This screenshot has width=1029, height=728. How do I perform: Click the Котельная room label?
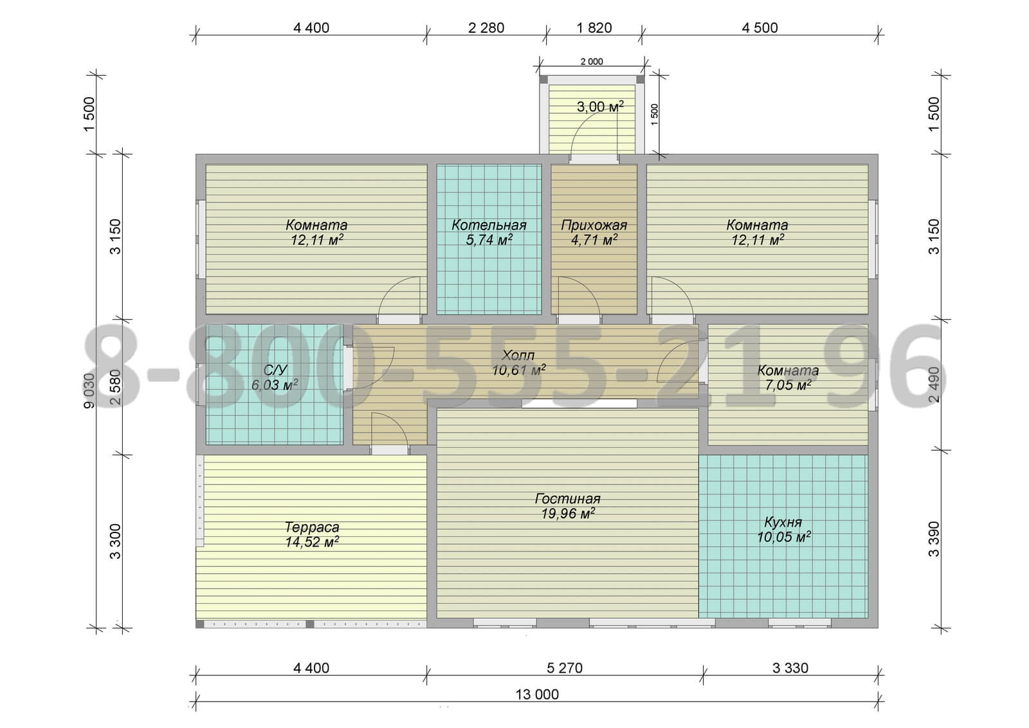pyautogui.click(x=489, y=225)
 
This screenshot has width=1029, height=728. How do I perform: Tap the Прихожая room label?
pyautogui.click(x=594, y=225)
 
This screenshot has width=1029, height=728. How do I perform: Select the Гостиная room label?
pyautogui.click(x=568, y=498)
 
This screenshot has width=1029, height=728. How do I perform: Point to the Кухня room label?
pyautogui.click(x=783, y=522)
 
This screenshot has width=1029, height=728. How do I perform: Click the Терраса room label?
pyautogui.click(x=312, y=527)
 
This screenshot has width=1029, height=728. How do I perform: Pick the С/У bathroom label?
pyautogui.click(x=275, y=370)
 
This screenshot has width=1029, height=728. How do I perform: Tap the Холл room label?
pyautogui.click(x=518, y=354)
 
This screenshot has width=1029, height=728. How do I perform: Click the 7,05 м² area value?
pyautogui.click(x=788, y=385)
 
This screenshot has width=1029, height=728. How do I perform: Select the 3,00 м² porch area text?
pyautogui.click(x=600, y=107)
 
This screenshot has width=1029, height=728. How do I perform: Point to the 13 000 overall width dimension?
pyautogui.click(x=537, y=694)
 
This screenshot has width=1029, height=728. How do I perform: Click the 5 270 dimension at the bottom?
pyautogui.click(x=565, y=668)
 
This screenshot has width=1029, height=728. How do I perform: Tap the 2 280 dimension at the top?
pyautogui.click(x=486, y=28)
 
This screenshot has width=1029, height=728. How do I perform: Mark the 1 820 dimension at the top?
pyautogui.click(x=594, y=28)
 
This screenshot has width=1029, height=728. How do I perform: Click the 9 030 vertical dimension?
pyautogui.click(x=89, y=390)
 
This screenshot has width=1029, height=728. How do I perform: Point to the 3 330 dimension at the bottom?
pyautogui.click(x=790, y=668)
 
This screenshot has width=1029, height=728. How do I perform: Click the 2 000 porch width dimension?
pyautogui.click(x=592, y=62)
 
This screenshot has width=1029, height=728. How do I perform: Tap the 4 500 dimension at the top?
pyautogui.click(x=760, y=28)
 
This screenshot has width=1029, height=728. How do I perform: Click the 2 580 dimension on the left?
pyautogui.click(x=115, y=387)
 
